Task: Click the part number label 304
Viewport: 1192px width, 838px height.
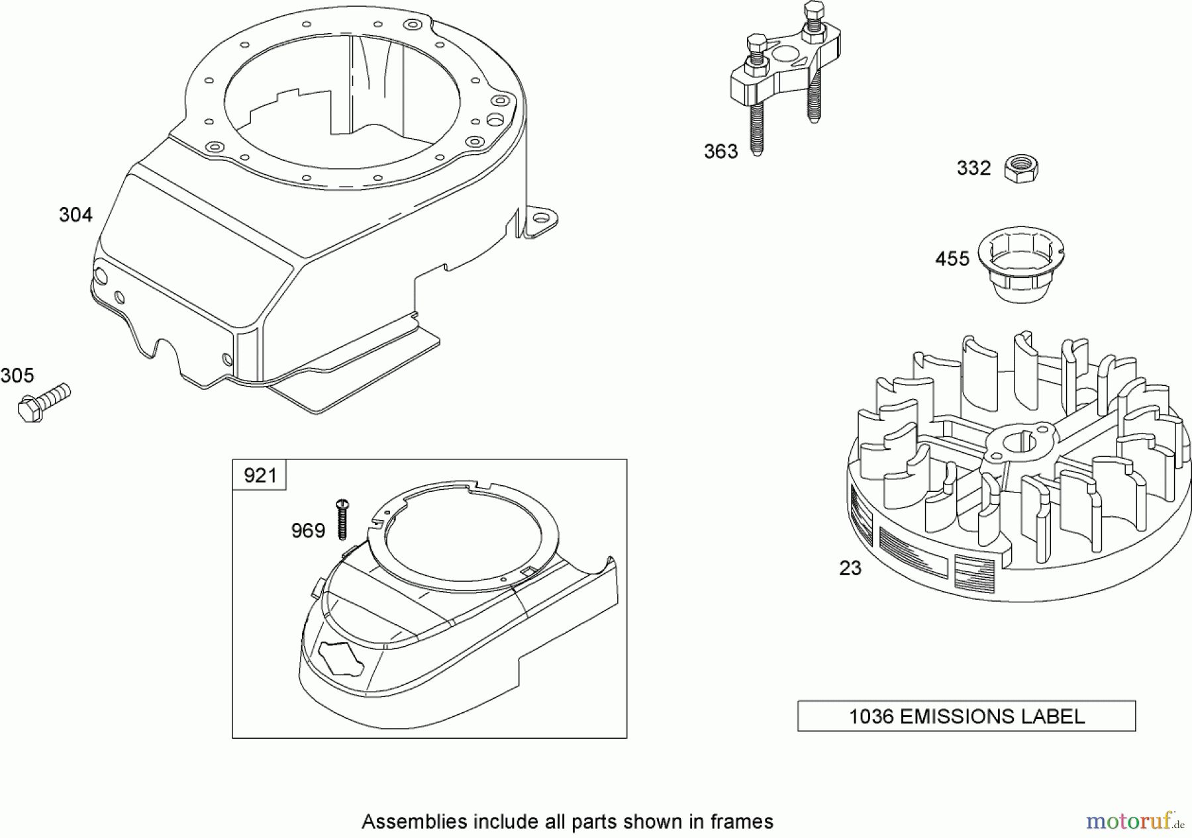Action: click(x=75, y=214)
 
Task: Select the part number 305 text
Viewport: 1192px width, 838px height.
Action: click(x=17, y=376)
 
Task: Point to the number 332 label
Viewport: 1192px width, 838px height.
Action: click(x=973, y=168)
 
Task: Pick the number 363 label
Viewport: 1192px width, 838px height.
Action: click(x=720, y=152)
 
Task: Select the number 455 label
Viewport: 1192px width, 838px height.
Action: click(x=952, y=259)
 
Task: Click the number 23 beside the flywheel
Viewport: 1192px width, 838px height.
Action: click(x=850, y=568)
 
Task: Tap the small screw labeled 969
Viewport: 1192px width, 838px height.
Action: click(x=343, y=518)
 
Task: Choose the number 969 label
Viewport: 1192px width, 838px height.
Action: click(x=308, y=531)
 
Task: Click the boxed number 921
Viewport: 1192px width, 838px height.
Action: click(x=260, y=475)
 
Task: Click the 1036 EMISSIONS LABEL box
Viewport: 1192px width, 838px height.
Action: click(x=966, y=716)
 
